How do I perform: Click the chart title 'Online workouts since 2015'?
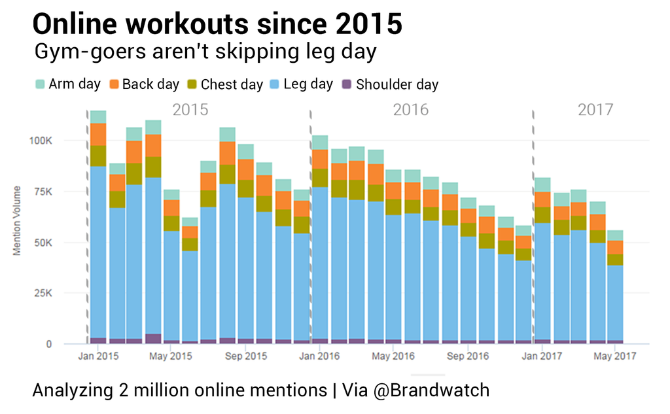click(217, 24)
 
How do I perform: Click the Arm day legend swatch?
click(39, 84)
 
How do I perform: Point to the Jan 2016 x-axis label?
click(321, 356)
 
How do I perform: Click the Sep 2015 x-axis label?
click(247, 356)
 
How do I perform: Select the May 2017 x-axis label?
click(616, 356)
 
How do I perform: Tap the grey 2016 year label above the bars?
click(411, 109)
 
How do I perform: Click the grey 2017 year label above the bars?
click(595, 109)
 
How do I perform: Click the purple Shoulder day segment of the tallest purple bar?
click(153, 338)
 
